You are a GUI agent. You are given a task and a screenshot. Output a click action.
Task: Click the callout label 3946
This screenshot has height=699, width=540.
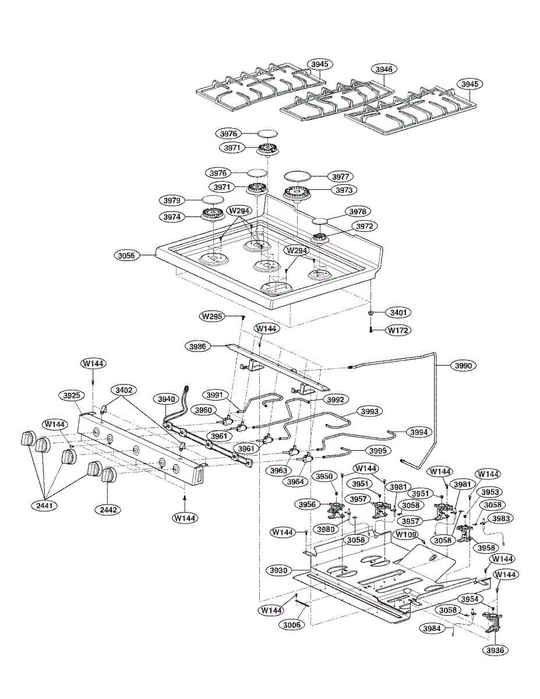(384, 69)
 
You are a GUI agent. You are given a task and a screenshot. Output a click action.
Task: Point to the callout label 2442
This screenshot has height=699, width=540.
(108, 510)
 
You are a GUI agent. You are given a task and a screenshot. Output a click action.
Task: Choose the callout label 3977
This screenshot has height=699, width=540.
(340, 176)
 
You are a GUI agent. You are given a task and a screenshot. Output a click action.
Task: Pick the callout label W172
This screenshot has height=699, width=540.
(398, 330)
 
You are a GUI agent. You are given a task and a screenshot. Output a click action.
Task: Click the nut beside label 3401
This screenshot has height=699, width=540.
(371, 313)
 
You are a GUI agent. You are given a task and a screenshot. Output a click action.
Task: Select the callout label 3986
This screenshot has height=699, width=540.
(198, 347)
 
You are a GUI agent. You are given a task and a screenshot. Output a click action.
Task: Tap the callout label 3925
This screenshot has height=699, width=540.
(72, 396)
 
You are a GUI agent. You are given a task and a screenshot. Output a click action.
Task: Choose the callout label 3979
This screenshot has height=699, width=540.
(172, 200)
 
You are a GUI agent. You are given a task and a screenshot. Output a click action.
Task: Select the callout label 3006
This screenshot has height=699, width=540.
(292, 624)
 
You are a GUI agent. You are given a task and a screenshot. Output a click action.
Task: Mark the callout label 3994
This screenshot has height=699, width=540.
(419, 432)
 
